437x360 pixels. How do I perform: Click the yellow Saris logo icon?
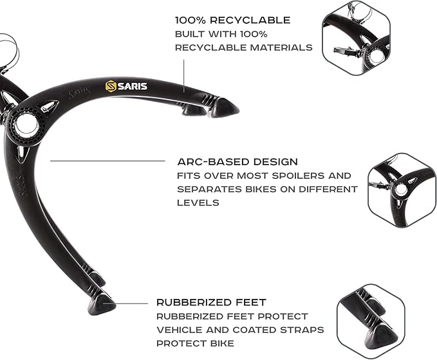tap(111, 86)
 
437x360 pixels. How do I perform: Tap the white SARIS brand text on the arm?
tap(133, 86)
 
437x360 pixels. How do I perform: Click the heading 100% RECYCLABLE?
tap(233, 20)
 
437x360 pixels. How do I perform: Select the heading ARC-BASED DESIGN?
tap(237, 162)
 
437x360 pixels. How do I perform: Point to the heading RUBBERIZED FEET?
tap(211, 302)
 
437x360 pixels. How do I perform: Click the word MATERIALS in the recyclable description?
tap(281, 48)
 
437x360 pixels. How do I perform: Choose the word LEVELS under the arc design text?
tap(198, 203)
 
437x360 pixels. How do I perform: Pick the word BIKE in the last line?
tap(222, 343)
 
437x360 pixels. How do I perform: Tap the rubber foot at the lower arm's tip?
tap(102, 304)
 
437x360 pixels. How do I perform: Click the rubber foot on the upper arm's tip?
tap(223, 107)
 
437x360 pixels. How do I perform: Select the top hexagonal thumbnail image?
tap(356, 38)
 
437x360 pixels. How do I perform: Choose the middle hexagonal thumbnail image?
tap(402, 190)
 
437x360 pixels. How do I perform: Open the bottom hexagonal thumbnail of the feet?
tap(371, 321)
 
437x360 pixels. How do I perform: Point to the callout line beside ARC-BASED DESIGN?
tap(107, 161)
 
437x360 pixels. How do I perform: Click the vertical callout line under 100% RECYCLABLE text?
tap(183, 76)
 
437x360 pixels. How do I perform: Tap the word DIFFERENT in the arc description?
tap(328, 190)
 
